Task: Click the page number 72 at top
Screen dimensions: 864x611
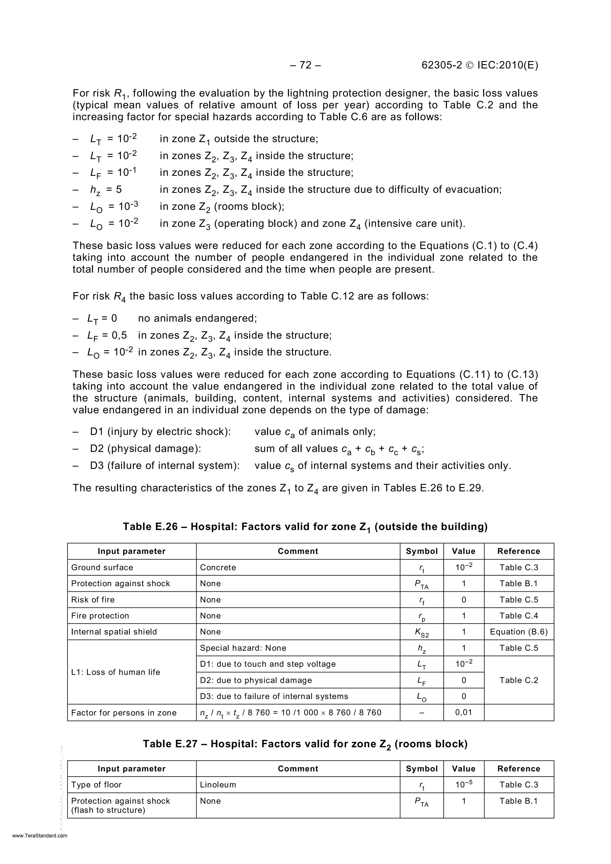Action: pyautogui.click(x=305, y=66)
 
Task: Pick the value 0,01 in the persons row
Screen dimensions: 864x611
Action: pyautogui.click(x=463, y=712)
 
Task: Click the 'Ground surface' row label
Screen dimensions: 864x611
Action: pyautogui.click(x=102, y=568)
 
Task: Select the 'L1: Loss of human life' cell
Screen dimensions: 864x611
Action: pyautogui.click(x=115, y=672)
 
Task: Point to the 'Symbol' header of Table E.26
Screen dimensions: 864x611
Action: pyautogui.click(x=422, y=551)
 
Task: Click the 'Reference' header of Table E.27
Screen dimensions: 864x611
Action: pyautogui.click(x=519, y=769)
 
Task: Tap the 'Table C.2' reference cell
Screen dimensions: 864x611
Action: pyautogui.click(x=519, y=680)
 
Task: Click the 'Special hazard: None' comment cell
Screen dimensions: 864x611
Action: pyautogui.click(x=243, y=648)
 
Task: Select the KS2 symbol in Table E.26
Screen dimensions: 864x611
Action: pyautogui.click(x=422, y=633)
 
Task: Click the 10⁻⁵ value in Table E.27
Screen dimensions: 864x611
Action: pyautogui.click(x=463, y=785)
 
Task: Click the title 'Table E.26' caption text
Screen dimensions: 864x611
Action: pyautogui.click(x=305, y=526)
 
